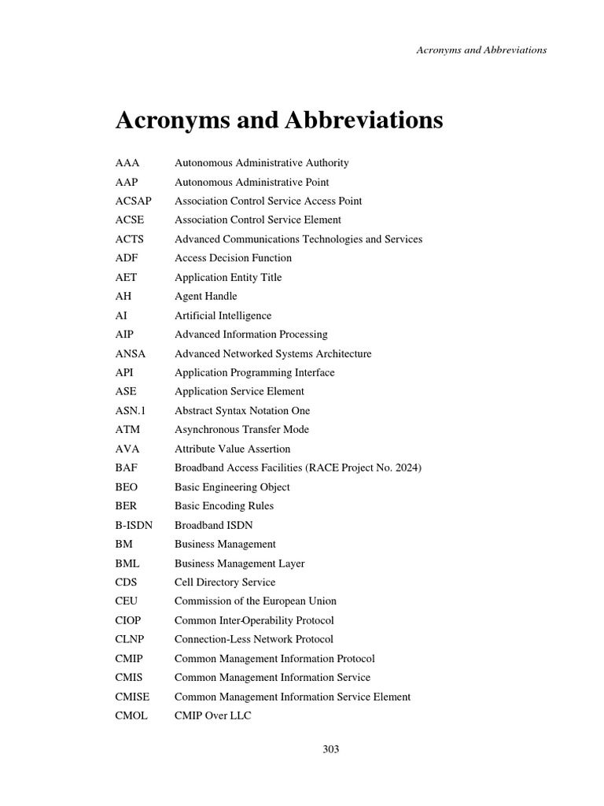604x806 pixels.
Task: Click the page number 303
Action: coord(330,749)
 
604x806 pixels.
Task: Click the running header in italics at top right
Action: coord(481,50)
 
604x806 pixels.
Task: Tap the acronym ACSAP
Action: coord(133,201)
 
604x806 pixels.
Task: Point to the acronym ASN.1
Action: coord(134,410)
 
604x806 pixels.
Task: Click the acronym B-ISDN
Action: coord(134,525)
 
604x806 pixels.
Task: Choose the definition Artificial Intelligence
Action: coord(223,316)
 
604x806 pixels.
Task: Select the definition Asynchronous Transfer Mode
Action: coord(241,430)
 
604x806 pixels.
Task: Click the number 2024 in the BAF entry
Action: coord(406,468)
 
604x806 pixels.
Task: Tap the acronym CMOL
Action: coord(131,715)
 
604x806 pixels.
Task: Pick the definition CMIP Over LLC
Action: coord(212,715)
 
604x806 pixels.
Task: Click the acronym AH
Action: coord(123,296)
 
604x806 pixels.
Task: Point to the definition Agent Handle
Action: coord(205,296)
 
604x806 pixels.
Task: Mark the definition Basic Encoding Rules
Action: coord(224,506)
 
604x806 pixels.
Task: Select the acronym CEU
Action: coord(126,601)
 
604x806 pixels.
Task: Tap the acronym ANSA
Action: coord(130,353)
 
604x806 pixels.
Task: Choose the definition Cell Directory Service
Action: coord(225,582)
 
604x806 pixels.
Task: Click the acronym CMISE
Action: coord(132,697)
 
